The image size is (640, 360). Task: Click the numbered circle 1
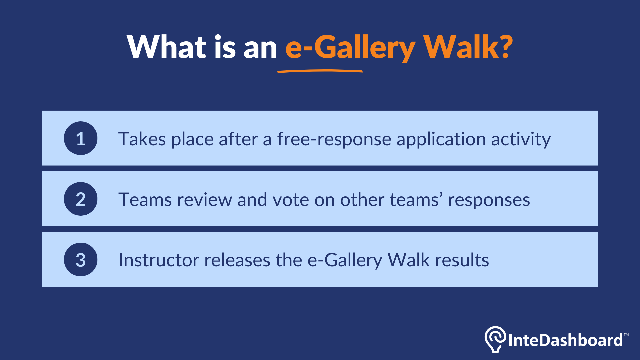pyautogui.click(x=81, y=138)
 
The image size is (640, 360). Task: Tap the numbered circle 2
pyautogui.click(x=81, y=199)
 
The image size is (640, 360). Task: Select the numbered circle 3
pyautogui.click(x=81, y=260)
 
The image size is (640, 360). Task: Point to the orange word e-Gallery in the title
pyautogui.click(x=350, y=47)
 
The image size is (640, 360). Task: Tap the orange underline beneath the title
pyautogui.click(x=320, y=71)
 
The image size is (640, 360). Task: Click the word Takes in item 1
pyautogui.click(x=142, y=139)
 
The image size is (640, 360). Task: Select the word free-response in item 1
pyautogui.click(x=334, y=139)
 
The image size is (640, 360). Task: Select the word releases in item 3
pyautogui.click(x=237, y=260)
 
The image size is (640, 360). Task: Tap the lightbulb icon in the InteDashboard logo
pyautogui.click(x=495, y=339)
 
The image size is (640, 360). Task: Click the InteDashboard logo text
pyautogui.click(x=565, y=340)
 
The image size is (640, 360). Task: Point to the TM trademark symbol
pyautogui.click(x=626, y=334)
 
